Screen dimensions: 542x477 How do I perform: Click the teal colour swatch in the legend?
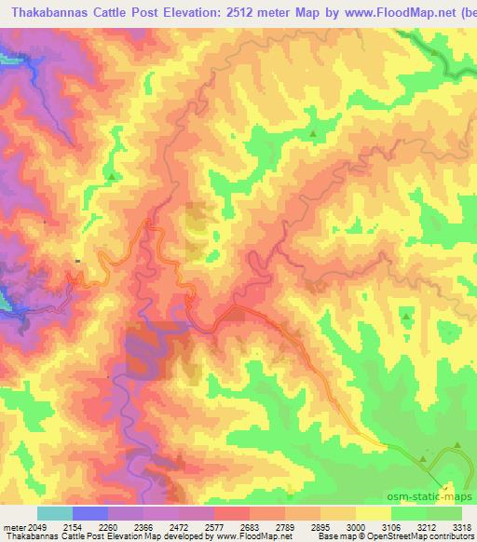click(x=54, y=513)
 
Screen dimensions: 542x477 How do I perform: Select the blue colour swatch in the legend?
click(x=89, y=513)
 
